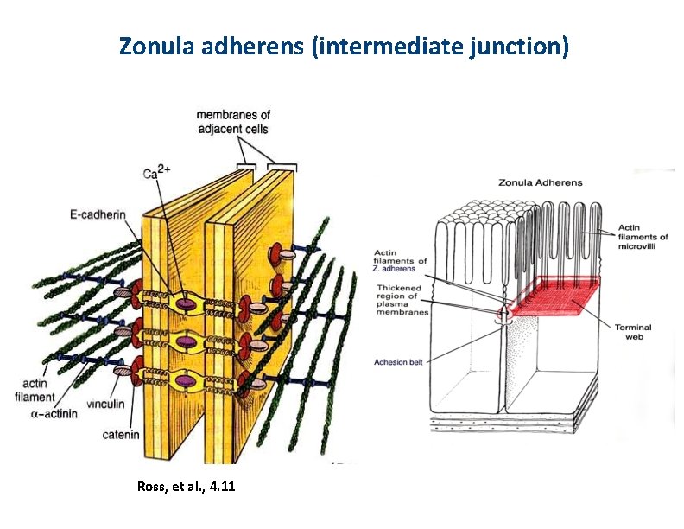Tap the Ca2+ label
[x=157, y=173]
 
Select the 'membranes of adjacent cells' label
[x=232, y=122]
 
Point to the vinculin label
[x=108, y=405]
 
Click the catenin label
[x=120, y=435]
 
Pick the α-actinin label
[x=56, y=415]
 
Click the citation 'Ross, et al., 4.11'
[x=186, y=488]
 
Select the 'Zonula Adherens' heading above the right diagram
[x=541, y=182]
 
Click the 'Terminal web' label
[x=633, y=332]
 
